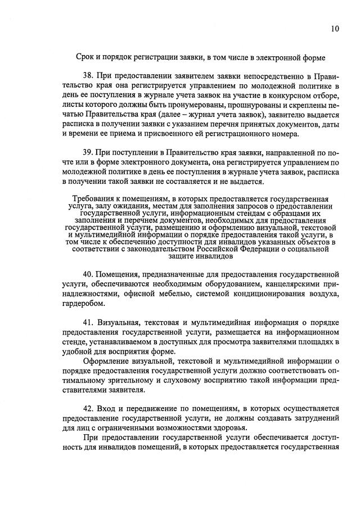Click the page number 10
click(335, 29)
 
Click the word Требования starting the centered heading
click(93, 199)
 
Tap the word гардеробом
click(83, 304)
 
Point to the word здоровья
click(228, 429)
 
